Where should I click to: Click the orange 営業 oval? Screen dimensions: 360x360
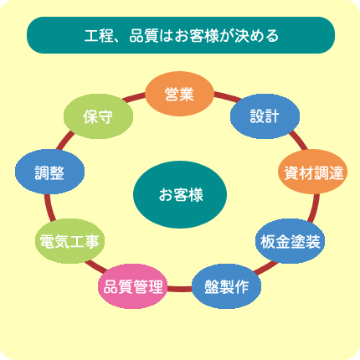pos(179,94)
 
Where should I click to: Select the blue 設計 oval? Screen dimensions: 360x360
pos(265,116)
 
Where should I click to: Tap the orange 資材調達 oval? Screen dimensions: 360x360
pos(312,172)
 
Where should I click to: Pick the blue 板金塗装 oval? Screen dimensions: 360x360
pos(290,241)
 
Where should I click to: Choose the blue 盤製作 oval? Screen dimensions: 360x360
pos(227,286)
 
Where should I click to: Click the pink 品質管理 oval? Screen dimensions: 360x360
pos(133,286)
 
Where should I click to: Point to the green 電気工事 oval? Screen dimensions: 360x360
pos(69,241)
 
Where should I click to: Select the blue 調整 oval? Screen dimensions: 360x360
pos(49,172)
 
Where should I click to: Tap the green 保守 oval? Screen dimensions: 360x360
pos(98,116)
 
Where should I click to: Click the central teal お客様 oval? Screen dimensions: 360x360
pos(180,194)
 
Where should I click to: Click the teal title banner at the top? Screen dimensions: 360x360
pos(181,35)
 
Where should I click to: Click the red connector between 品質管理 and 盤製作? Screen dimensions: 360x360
pos(180,289)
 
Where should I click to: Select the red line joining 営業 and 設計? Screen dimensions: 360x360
pos(227,96)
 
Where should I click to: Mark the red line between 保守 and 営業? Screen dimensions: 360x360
pos(134,97)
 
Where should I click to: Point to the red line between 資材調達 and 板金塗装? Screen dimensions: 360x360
pos(315,208)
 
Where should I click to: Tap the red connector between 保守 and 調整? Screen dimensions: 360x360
pos(65,141)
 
